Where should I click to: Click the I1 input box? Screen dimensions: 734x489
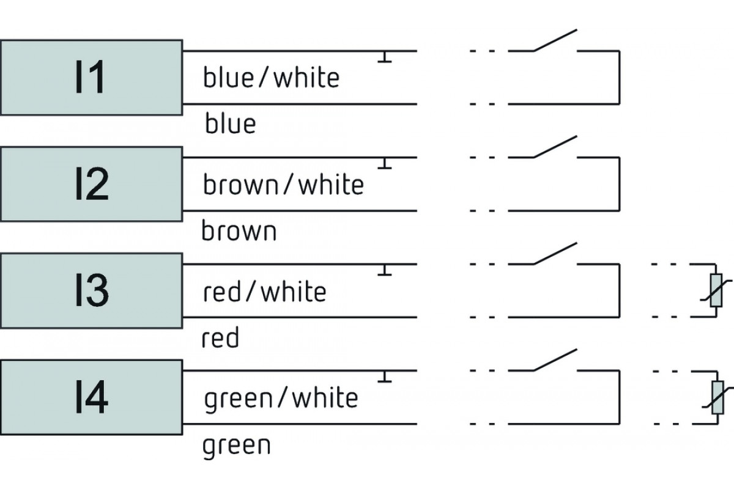point(91,78)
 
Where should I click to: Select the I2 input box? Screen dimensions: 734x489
point(91,184)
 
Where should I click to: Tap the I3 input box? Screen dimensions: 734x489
point(91,290)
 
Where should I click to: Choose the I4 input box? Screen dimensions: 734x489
point(91,397)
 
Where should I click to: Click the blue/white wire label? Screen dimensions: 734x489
point(272,77)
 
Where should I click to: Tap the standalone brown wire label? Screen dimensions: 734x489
point(239,230)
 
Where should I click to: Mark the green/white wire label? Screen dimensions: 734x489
point(281,399)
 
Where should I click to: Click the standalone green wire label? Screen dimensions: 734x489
point(237,446)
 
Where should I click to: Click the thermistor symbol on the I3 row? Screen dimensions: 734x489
point(716,290)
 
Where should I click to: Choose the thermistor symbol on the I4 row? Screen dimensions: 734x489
point(717,397)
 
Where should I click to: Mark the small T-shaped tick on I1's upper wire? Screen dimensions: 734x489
point(385,57)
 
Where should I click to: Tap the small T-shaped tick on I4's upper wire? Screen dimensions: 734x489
point(385,377)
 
